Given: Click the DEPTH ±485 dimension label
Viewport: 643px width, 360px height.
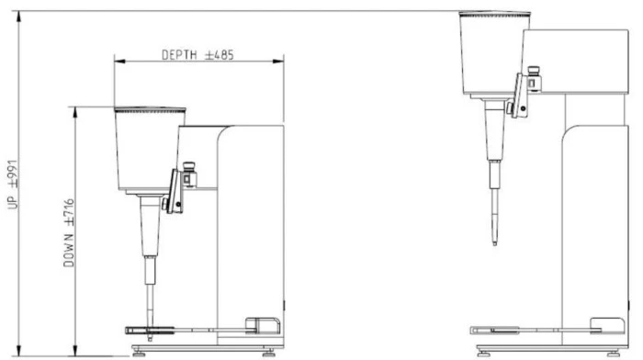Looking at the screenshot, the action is pyautogui.click(x=197, y=55).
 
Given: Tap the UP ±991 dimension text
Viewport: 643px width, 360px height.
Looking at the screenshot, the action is pyautogui.click(x=13, y=185).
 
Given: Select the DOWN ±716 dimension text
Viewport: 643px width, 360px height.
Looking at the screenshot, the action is pyautogui.click(x=69, y=233).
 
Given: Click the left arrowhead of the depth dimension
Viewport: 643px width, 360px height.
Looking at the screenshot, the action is pyautogui.click(x=119, y=62).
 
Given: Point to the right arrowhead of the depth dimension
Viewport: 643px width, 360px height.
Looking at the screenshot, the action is pyautogui.click(x=278, y=62).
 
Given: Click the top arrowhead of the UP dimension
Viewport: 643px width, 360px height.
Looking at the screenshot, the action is pyautogui.click(x=18, y=17).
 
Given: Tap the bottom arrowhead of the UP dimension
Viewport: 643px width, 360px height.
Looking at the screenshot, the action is pyautogui.click(x=18, y=351).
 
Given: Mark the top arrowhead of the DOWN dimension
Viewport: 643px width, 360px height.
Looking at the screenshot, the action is pyautogui.click(x=74, y=113).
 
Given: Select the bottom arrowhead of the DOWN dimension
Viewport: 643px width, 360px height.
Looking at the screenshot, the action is pyautogui.click(x=74, y=351).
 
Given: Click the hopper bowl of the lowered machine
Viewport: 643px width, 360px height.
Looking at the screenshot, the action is pyautogui.click(x=149, y=149).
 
